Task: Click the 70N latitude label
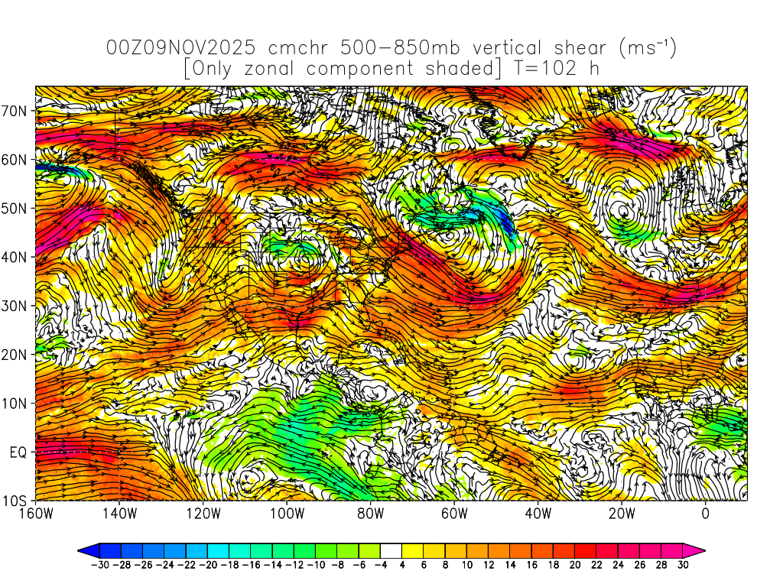[15, 111]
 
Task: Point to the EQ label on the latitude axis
[18, 452]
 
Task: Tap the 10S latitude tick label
[15, 501]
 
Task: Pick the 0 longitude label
[706, 513]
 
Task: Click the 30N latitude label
[15, 306]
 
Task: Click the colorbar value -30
[99, 565]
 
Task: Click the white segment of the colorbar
[391, 550]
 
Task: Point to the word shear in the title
[575, 49]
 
